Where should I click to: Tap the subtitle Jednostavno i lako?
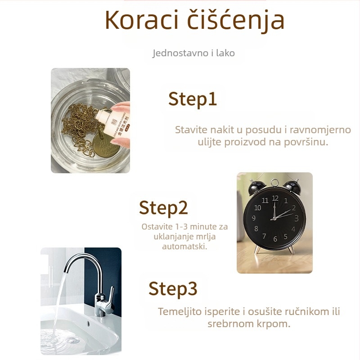[x=193, y=53]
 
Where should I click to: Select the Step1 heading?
[x=193, y=99]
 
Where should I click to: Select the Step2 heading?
[x=163, y=207]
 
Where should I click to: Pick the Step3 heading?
[x=173, y=288]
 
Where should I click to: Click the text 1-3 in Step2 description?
[x=179, y=226]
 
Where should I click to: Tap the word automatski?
[x=184, y=247]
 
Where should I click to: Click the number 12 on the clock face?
[x=275, y=198]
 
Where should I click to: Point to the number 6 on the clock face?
[x=275, y=239]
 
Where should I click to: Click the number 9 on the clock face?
[x=254, y=218]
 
